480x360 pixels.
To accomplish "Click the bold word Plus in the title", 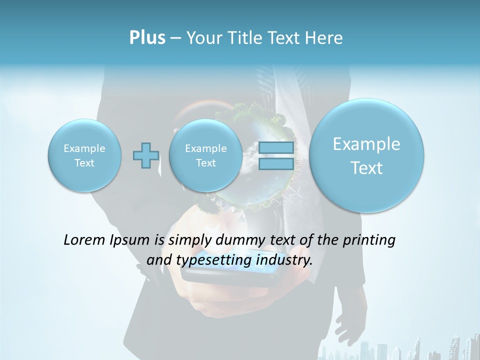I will tap(147, 38).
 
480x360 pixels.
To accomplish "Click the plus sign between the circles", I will tap(146, 155).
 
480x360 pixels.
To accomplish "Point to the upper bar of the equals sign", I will tap(276, 148).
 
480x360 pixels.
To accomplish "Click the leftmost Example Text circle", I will tap(84, 155).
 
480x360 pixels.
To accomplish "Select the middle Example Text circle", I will tap(205, 155).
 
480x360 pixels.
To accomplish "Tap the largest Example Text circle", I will tap(366, 155).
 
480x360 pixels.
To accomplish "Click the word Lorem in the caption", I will tap(84, 240).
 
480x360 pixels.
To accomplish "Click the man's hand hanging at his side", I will tap(350, 320).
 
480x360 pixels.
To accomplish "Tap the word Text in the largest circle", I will tap(366, 168).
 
